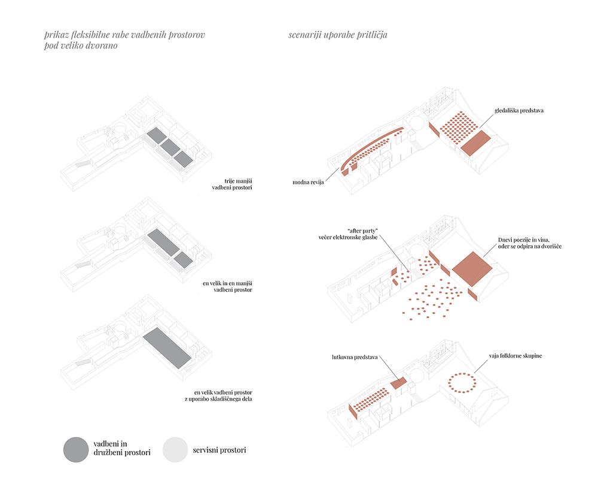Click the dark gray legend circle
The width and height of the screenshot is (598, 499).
tap(76, 450)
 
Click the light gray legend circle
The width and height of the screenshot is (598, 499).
tap(175, 450)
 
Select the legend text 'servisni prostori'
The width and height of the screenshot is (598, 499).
tap(219, 450)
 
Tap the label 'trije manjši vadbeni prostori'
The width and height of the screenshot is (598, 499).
tap(232, 184)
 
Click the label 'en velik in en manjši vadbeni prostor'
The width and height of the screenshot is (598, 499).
tap(227, 286)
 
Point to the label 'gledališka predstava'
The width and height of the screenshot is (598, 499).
tap(519, 110)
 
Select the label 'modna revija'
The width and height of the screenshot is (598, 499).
tap(308, 182)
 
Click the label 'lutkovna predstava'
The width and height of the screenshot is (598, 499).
tap(355, 357)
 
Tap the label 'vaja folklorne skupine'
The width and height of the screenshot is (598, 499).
tap(515, 356)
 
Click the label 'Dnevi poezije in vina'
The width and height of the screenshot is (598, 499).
tap(524, 240)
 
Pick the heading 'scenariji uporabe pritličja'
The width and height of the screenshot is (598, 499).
tap(337, 35)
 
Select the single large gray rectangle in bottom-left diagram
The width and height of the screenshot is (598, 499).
tap(167, 347)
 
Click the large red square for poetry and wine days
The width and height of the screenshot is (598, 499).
tap(472, 269)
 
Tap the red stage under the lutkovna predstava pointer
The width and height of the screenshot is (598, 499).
tap(398, 383)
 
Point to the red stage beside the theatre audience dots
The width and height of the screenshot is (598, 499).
tap(476, 143)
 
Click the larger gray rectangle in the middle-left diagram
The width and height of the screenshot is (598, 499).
tap(163, 242)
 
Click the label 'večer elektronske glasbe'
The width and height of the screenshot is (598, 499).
tap(348, 237)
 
